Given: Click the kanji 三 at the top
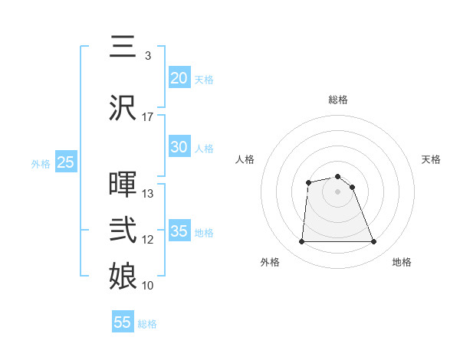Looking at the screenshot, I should pos(123,48).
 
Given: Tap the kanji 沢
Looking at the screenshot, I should pos(123,108).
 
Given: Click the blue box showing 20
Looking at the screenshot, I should pos(179,78).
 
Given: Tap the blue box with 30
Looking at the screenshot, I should pos(179,148).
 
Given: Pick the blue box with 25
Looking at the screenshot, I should pos(65,162).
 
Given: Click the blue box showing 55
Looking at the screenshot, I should pos(123,322).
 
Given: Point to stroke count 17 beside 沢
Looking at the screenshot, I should pos(148,117).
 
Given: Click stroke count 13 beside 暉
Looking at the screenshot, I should pos(148,194).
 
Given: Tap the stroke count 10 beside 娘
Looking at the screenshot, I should pos(148,286).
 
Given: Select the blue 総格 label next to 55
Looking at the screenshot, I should pos(147,324).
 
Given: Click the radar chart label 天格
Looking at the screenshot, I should pos(432,159).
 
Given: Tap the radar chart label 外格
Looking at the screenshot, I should pos(270,262).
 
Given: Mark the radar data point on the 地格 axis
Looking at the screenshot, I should pos(373,242).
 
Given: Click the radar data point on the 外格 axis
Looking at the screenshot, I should pos(301,242).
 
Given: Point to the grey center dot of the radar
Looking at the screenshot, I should pos(337,191).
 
